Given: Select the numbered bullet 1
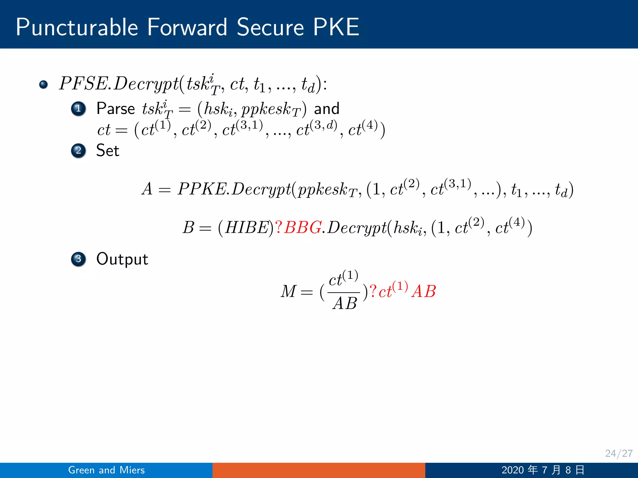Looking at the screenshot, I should point(79,109).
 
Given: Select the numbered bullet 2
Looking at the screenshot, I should point(79,151).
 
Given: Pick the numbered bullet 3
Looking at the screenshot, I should point(79,259).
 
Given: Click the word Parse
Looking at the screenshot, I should point(116,109).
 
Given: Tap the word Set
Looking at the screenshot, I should point(108,151).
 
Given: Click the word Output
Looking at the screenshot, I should point(122,259).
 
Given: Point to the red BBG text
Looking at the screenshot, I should point(303,227).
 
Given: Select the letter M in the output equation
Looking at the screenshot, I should point(288,292).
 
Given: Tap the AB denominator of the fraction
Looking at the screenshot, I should point(345,303).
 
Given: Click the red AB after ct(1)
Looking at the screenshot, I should point(424,292).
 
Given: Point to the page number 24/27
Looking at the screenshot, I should point(619,453).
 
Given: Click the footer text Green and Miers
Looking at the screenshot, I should point(107,470).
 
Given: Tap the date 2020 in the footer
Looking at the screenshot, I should point(512,470).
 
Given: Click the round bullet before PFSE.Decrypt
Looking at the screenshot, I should point(44,84).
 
